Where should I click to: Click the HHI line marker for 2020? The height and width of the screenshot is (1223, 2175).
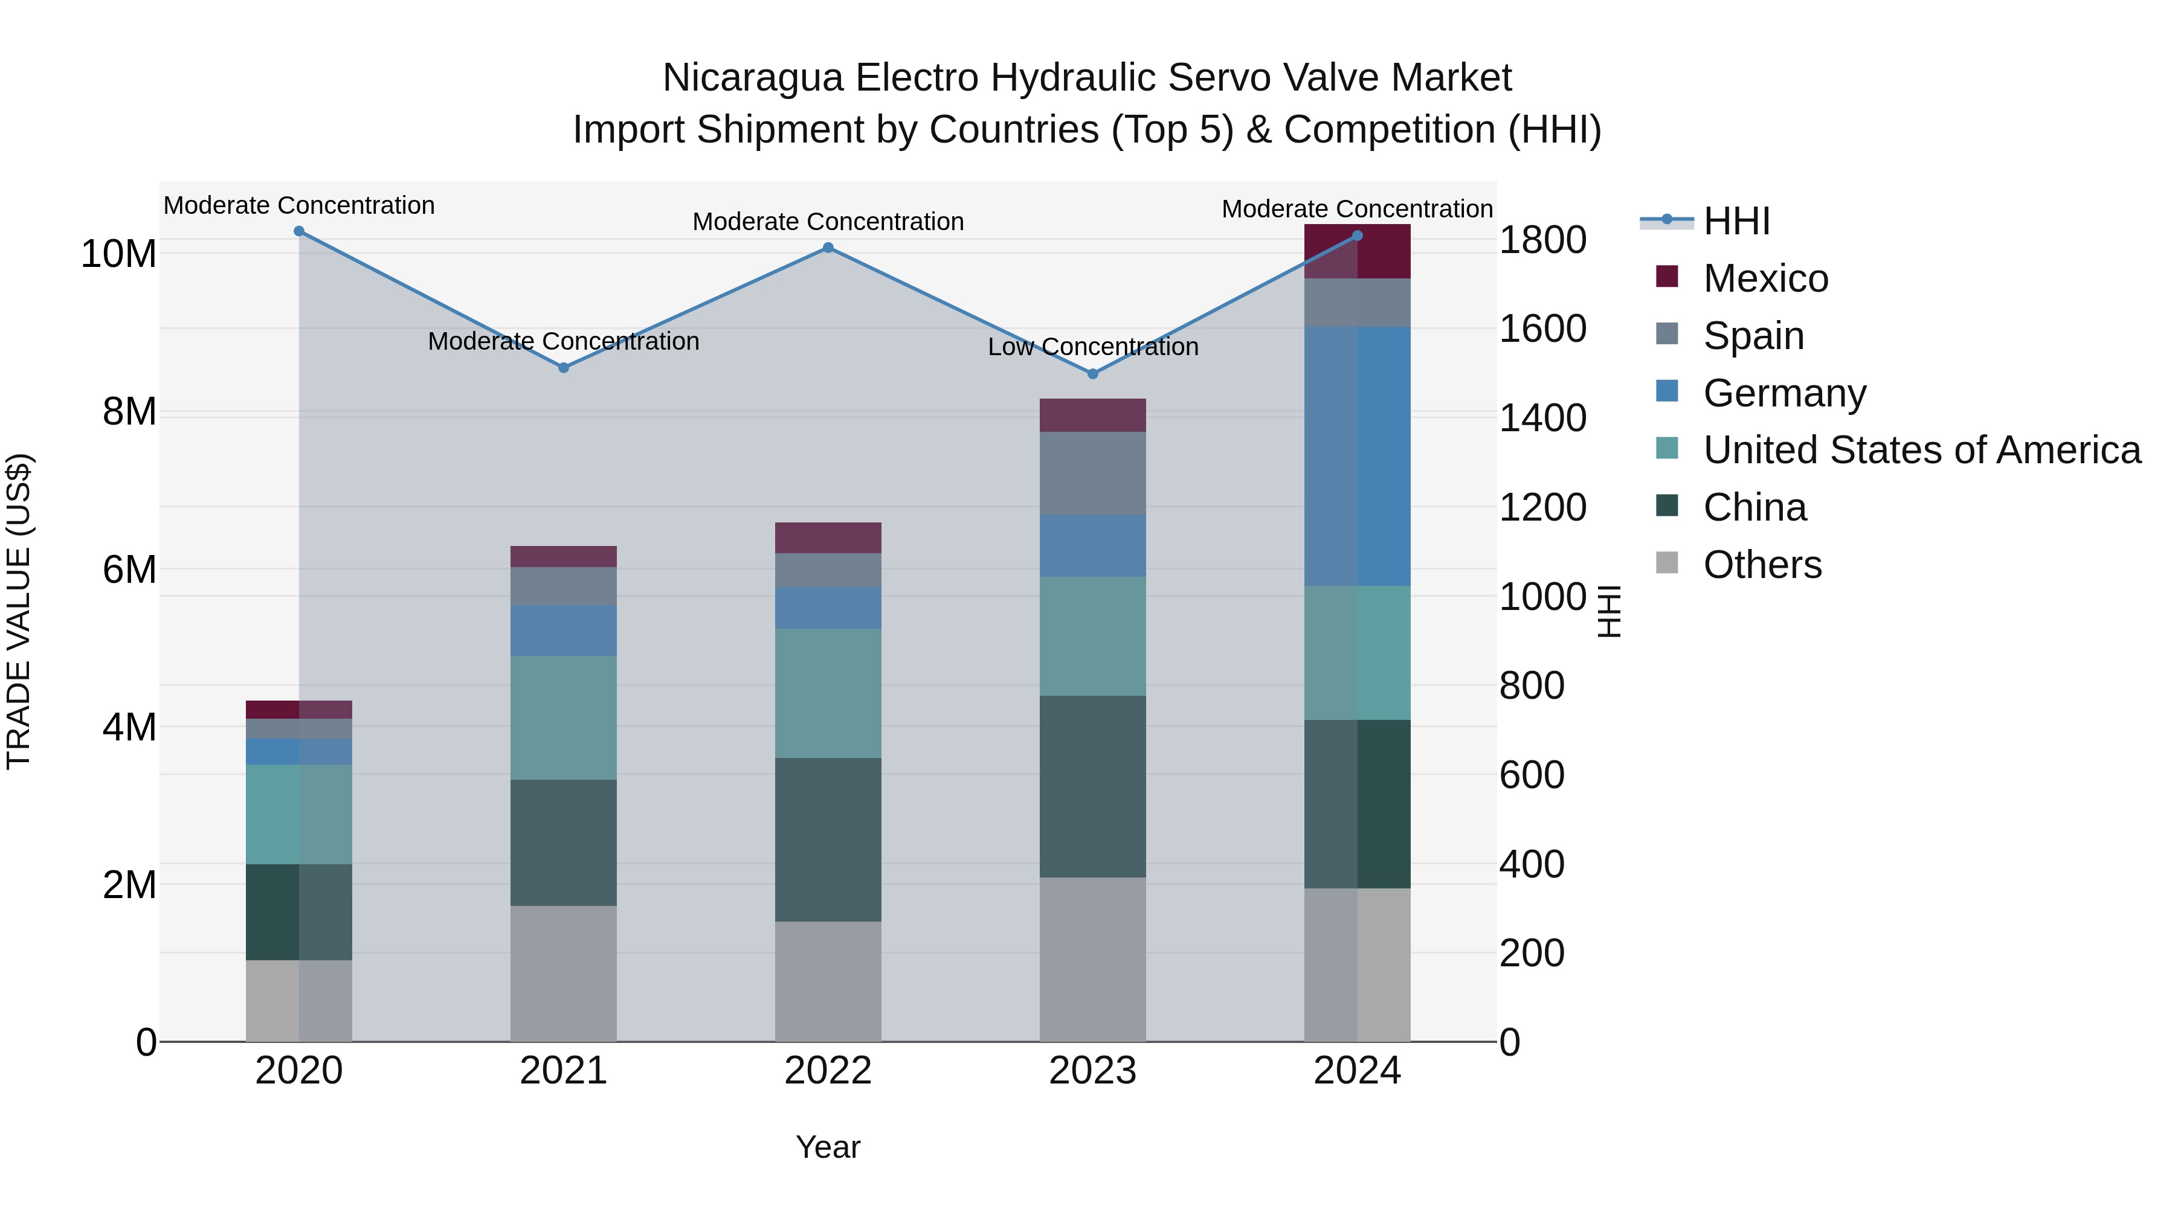coord(299,231)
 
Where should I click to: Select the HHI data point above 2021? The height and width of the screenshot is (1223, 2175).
coord(564,368)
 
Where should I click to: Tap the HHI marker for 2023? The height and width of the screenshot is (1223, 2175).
coord(1092,374)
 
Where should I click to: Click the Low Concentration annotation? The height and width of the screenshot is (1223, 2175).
coord(1092,347)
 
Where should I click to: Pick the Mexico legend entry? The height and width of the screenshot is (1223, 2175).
coord(1765,278)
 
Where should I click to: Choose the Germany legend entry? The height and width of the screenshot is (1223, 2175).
coord(1784,393)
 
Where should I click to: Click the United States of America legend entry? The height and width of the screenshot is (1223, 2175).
coord(1921,450)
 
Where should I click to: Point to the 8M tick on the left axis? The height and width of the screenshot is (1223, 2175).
coord(129,412)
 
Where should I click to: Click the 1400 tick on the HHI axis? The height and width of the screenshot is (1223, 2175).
coord(1542,419)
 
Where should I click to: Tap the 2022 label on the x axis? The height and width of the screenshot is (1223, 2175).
coord(828,1071)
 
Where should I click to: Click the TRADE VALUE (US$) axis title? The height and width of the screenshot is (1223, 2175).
coord(19,611)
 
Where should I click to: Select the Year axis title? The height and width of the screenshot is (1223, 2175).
coord(828,1147)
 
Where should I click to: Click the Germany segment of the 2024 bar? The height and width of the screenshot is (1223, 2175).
coord(1357,456)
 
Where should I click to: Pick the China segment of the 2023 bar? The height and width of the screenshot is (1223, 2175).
coord(1092,786)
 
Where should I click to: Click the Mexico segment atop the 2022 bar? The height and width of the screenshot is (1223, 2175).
coord(828,538)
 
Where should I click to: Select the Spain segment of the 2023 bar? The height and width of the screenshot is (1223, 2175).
coord(1092,473)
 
